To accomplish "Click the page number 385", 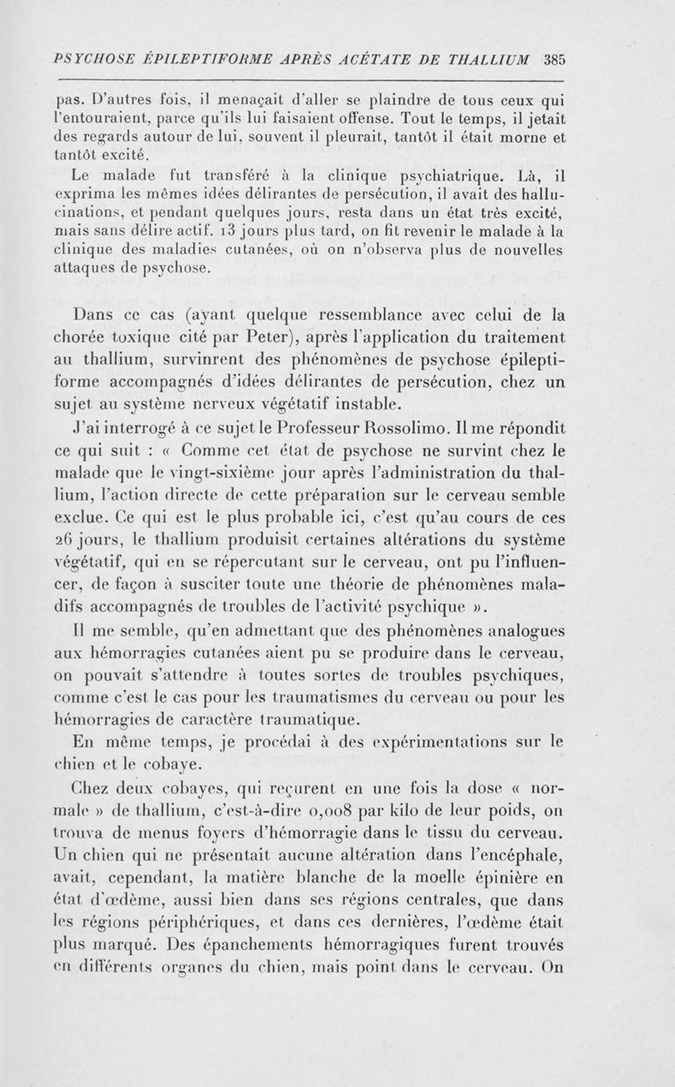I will point(554,60).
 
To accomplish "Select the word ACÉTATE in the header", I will point(382,60).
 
